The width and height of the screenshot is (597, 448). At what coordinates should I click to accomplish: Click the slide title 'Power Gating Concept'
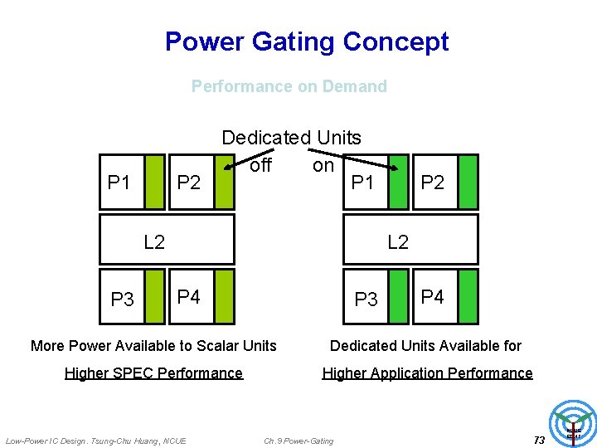pyautogui.click(x=307, y=41)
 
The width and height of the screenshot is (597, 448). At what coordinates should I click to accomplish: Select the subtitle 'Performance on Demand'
pyautogui.click(x=289, y=86)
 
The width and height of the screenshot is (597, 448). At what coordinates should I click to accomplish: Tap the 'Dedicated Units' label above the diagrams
pyautogui.click(x=291, y=138)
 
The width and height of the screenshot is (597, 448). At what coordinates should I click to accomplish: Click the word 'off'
pyautogui.click(x=260, y=165)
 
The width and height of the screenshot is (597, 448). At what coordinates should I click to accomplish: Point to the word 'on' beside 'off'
pyautogui.click(x=323, y=165)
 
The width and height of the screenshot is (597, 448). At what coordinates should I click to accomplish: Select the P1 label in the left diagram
pyautogui.click(x=119, y=182)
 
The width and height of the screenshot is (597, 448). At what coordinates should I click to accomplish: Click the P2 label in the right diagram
pyautogui.click(x=433, y=182)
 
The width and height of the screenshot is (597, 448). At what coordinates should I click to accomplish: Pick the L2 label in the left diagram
pyautogui.click(x=154, y=242)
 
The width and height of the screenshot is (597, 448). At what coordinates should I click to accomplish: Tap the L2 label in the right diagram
pyautogui.click(x=398, y=242)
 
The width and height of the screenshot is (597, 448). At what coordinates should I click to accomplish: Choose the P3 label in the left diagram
pyautogui.click(x=122, y=299)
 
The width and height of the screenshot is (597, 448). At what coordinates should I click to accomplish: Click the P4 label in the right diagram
pyautogui.click(x=433, y=296)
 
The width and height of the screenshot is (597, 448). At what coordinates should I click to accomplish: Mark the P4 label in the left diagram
pyautogui.click(x=189, y=296)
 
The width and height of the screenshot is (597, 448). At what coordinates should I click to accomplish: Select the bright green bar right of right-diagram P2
pyautogui.click(x=468, y=181)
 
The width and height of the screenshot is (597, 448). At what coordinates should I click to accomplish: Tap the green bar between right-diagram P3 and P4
pyautogui.click(x=399, y=295)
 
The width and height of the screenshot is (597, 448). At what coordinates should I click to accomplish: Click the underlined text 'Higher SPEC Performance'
pyautogui.click(x=153, y=373)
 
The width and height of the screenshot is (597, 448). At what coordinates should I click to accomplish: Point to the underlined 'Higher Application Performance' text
pyautogui.click(x=427, y=373)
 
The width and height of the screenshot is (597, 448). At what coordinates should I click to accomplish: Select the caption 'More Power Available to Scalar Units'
pyautogui.click(x=153, y=345)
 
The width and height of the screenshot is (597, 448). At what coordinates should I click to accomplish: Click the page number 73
pyautogui.click(x=539, y=440)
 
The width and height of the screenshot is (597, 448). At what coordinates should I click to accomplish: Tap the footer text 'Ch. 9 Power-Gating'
pyautogui.click(x=298, y=441)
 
